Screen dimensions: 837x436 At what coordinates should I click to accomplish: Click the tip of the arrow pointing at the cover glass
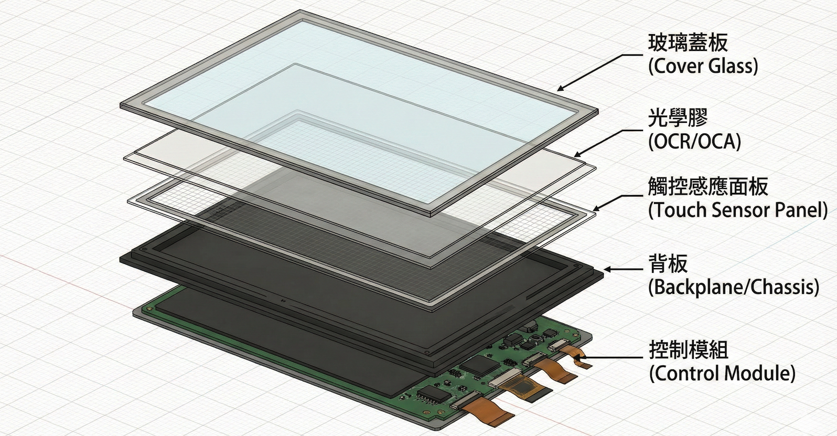(x=557, y=90)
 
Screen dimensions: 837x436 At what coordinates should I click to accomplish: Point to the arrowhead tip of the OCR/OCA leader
(x=574, y=156)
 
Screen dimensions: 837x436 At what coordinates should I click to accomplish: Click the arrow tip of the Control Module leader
(x=576, y=357)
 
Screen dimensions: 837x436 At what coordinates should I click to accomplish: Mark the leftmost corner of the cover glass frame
(x=120, y=105)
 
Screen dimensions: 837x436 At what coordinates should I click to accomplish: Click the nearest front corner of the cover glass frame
(x=431, y=215)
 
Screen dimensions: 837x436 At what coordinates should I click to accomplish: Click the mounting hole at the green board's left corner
(x=149, y=309)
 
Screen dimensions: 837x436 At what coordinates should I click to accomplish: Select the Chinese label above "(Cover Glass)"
(x=688, y=44)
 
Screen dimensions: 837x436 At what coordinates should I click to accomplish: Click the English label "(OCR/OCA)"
(x=695, y=142)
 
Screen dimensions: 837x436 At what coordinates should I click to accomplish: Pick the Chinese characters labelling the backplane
(x=668, y=263)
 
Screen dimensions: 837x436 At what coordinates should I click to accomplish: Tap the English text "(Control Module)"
(x=723, y=374)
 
